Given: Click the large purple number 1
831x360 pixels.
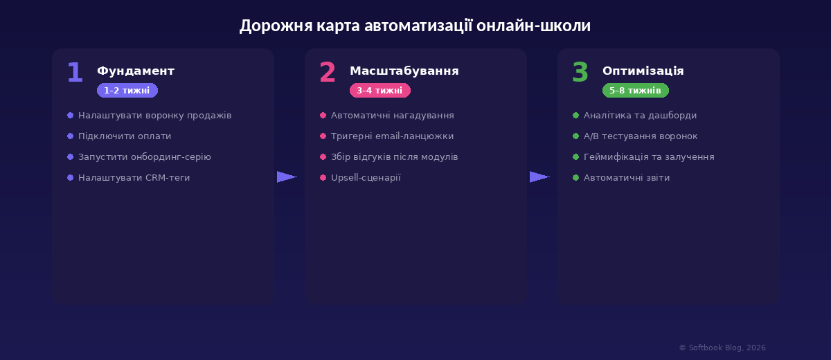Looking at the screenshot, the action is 75,72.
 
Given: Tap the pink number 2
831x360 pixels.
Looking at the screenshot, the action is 328,72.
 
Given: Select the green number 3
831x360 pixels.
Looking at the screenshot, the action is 580,72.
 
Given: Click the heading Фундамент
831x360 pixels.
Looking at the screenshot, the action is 136,71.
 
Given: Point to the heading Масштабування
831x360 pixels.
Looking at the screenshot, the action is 404,71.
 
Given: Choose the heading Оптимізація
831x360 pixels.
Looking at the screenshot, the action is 643,71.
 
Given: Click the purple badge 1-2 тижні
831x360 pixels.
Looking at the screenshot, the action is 127,91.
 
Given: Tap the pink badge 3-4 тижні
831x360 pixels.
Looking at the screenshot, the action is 380,91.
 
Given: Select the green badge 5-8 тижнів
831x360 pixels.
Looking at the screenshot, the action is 636,91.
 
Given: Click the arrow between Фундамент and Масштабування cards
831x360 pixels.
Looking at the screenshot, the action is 287,177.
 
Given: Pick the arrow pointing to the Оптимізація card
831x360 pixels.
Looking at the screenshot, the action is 539,177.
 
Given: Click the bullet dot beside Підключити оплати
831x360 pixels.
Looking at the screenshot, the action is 70,136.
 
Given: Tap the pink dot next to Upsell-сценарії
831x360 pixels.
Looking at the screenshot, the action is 323,178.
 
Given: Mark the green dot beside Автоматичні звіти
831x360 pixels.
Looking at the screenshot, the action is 575,178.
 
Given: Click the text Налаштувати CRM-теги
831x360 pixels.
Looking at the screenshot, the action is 134,178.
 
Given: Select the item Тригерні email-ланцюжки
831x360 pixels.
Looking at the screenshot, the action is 392,136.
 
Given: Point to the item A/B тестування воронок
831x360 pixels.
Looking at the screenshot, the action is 641,136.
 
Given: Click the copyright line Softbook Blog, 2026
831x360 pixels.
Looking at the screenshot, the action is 722,348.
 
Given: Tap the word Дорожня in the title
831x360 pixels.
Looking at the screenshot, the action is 276,26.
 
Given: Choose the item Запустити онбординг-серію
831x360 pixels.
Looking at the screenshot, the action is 144,157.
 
